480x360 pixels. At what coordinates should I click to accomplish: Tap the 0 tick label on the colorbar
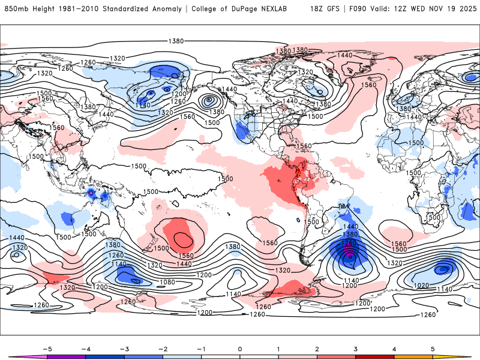[240, 347]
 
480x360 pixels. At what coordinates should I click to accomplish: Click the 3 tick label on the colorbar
[356, 347]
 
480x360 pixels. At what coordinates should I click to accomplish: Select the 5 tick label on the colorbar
[433, 347]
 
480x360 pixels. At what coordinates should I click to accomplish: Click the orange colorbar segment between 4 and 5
[413, 356]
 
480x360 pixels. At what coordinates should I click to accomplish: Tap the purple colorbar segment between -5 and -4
[66, 356]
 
